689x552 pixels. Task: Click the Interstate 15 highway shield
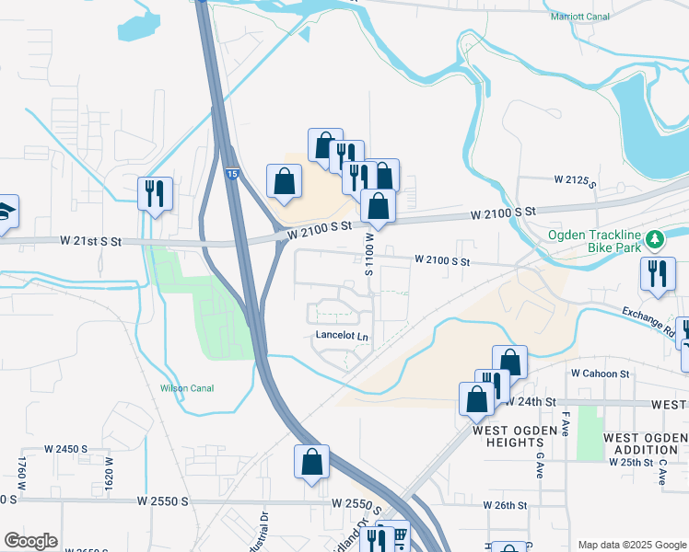232,173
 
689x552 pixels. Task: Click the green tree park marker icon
655,239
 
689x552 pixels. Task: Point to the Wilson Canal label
187,388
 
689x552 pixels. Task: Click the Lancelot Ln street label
342,337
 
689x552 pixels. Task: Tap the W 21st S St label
91,241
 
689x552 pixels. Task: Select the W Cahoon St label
600,374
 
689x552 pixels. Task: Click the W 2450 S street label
65,449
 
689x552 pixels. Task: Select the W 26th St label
505,505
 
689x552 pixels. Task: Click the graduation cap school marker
6,212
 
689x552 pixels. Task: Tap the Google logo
29,540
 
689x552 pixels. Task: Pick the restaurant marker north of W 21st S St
155,193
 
